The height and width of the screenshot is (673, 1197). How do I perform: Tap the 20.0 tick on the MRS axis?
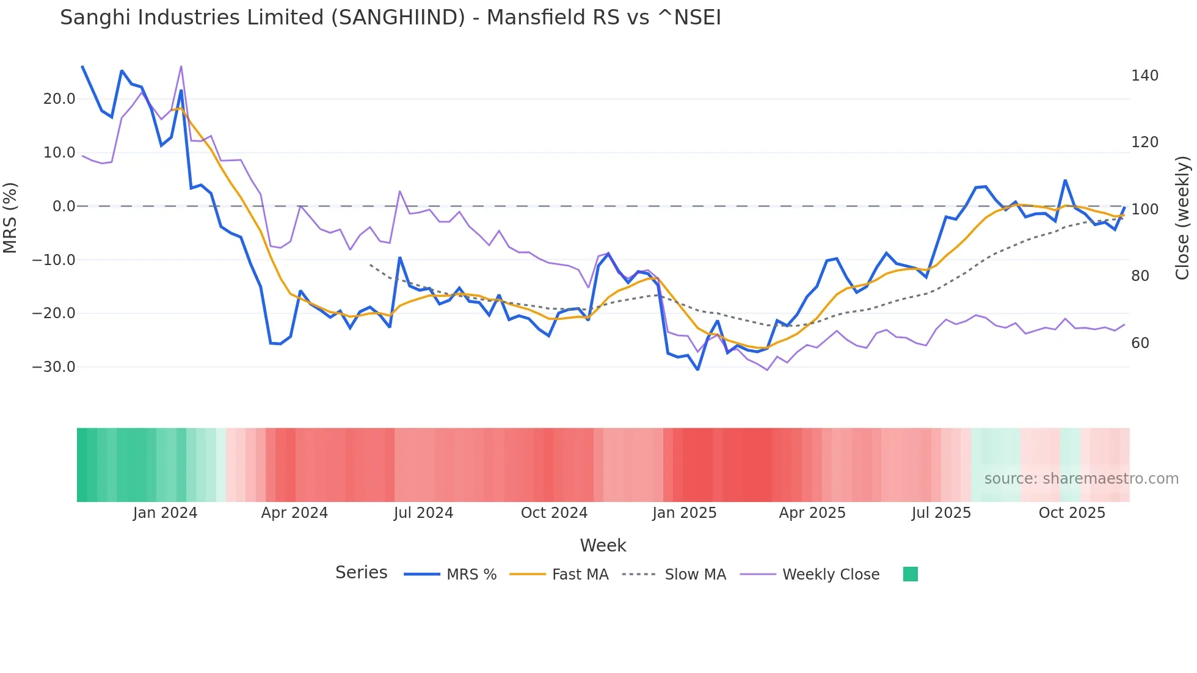59,99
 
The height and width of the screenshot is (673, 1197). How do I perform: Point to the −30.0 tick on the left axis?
54,367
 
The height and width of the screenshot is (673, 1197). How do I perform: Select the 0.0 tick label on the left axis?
64,206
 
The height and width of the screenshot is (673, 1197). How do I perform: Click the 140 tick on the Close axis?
1144,76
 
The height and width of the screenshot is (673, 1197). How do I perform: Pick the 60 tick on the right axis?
1140,343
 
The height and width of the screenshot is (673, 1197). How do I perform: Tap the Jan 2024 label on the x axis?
165,513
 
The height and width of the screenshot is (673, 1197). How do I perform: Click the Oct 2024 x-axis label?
554,513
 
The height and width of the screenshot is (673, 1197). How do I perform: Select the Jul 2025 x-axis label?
941,513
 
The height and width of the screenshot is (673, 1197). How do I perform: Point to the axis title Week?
603,545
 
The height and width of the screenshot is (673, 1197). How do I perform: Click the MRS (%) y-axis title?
10,217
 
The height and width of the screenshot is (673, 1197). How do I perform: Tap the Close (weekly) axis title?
1182,218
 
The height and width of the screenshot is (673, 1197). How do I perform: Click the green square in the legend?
910,574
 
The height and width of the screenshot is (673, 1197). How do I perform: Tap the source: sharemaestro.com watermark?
1081,479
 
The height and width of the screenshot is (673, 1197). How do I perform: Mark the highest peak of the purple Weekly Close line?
181,67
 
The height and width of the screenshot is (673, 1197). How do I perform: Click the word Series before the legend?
361,573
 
